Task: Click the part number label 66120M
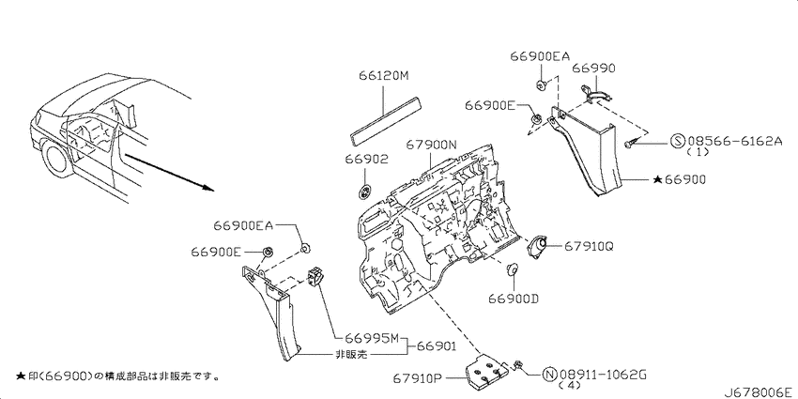[383, 76]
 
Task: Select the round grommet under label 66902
[365, 192]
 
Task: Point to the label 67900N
[431, 145]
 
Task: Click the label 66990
[594, 69]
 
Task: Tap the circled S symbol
[678, 142]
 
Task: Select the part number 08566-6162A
[734, 142]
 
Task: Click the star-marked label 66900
[679, 179]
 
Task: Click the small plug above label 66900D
[513, 269]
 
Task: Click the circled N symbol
[550, 376]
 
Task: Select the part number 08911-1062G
[603, 376]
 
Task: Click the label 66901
[437, 347]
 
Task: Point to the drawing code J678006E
[760, 392]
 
